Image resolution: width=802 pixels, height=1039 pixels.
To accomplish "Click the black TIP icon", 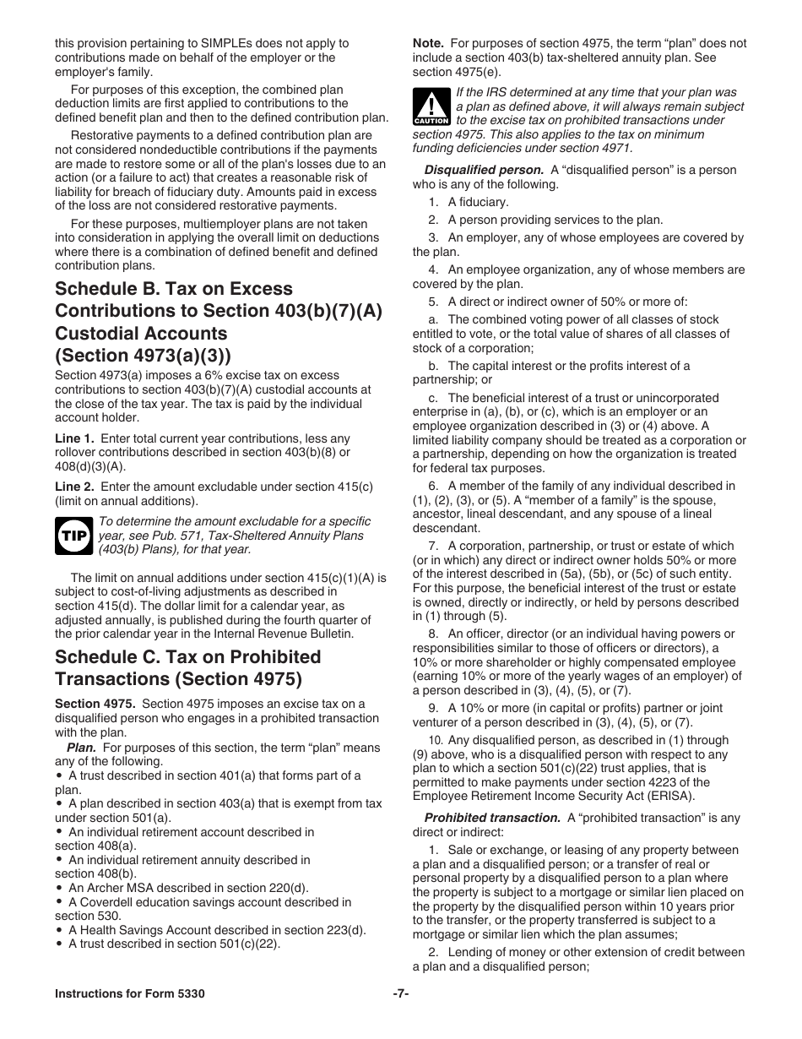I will [x=73, y=536].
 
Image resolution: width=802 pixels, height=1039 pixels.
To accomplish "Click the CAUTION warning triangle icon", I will [x=431, y=106].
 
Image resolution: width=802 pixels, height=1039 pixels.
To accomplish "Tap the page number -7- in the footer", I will [x=400, y=993].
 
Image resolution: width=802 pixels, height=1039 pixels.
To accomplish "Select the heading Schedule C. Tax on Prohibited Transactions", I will [x=187, y=667].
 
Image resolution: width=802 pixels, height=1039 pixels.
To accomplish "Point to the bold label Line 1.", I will [x=74, y=438].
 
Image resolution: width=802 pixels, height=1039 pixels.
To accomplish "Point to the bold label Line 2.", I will [x=74, y=487].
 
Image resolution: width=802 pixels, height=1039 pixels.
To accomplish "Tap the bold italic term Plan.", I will [x=81, y=748].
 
